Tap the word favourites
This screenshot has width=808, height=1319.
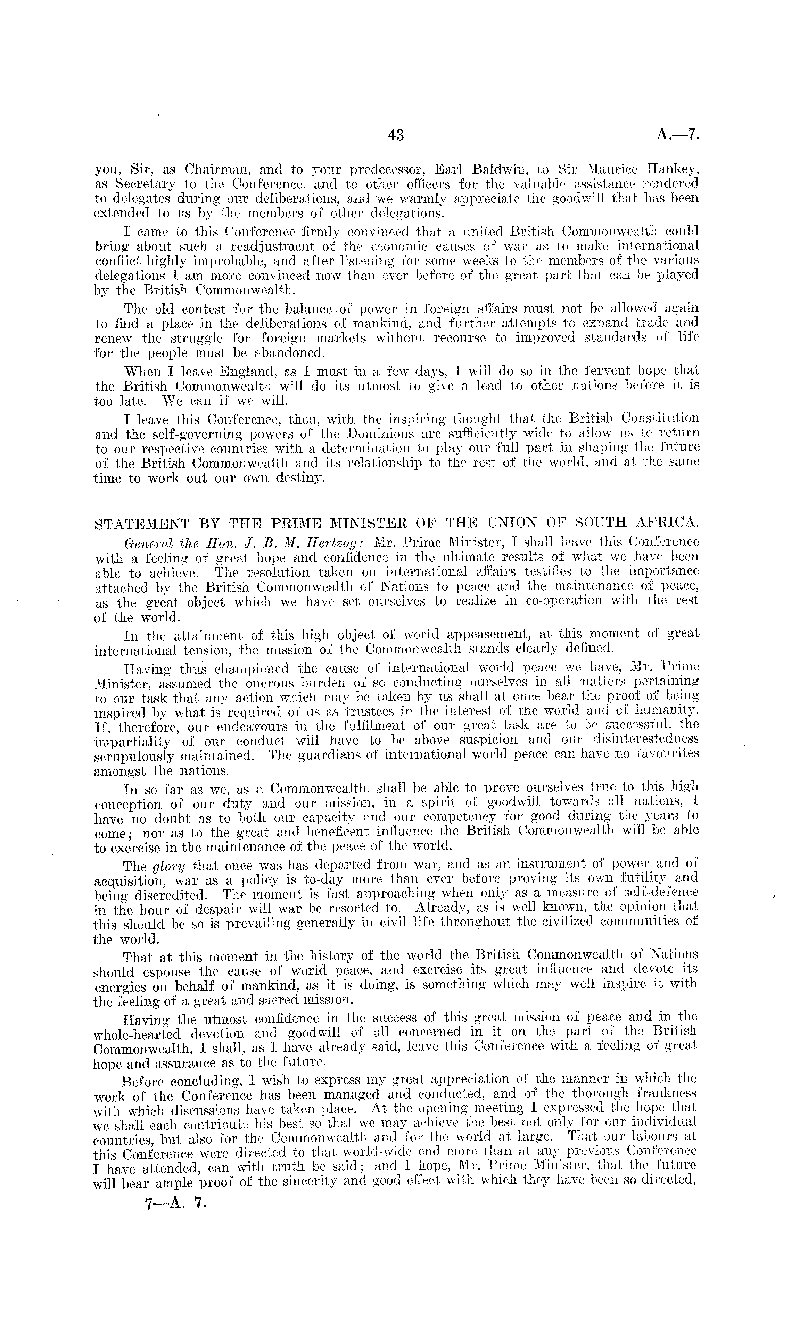click(662, 754)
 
